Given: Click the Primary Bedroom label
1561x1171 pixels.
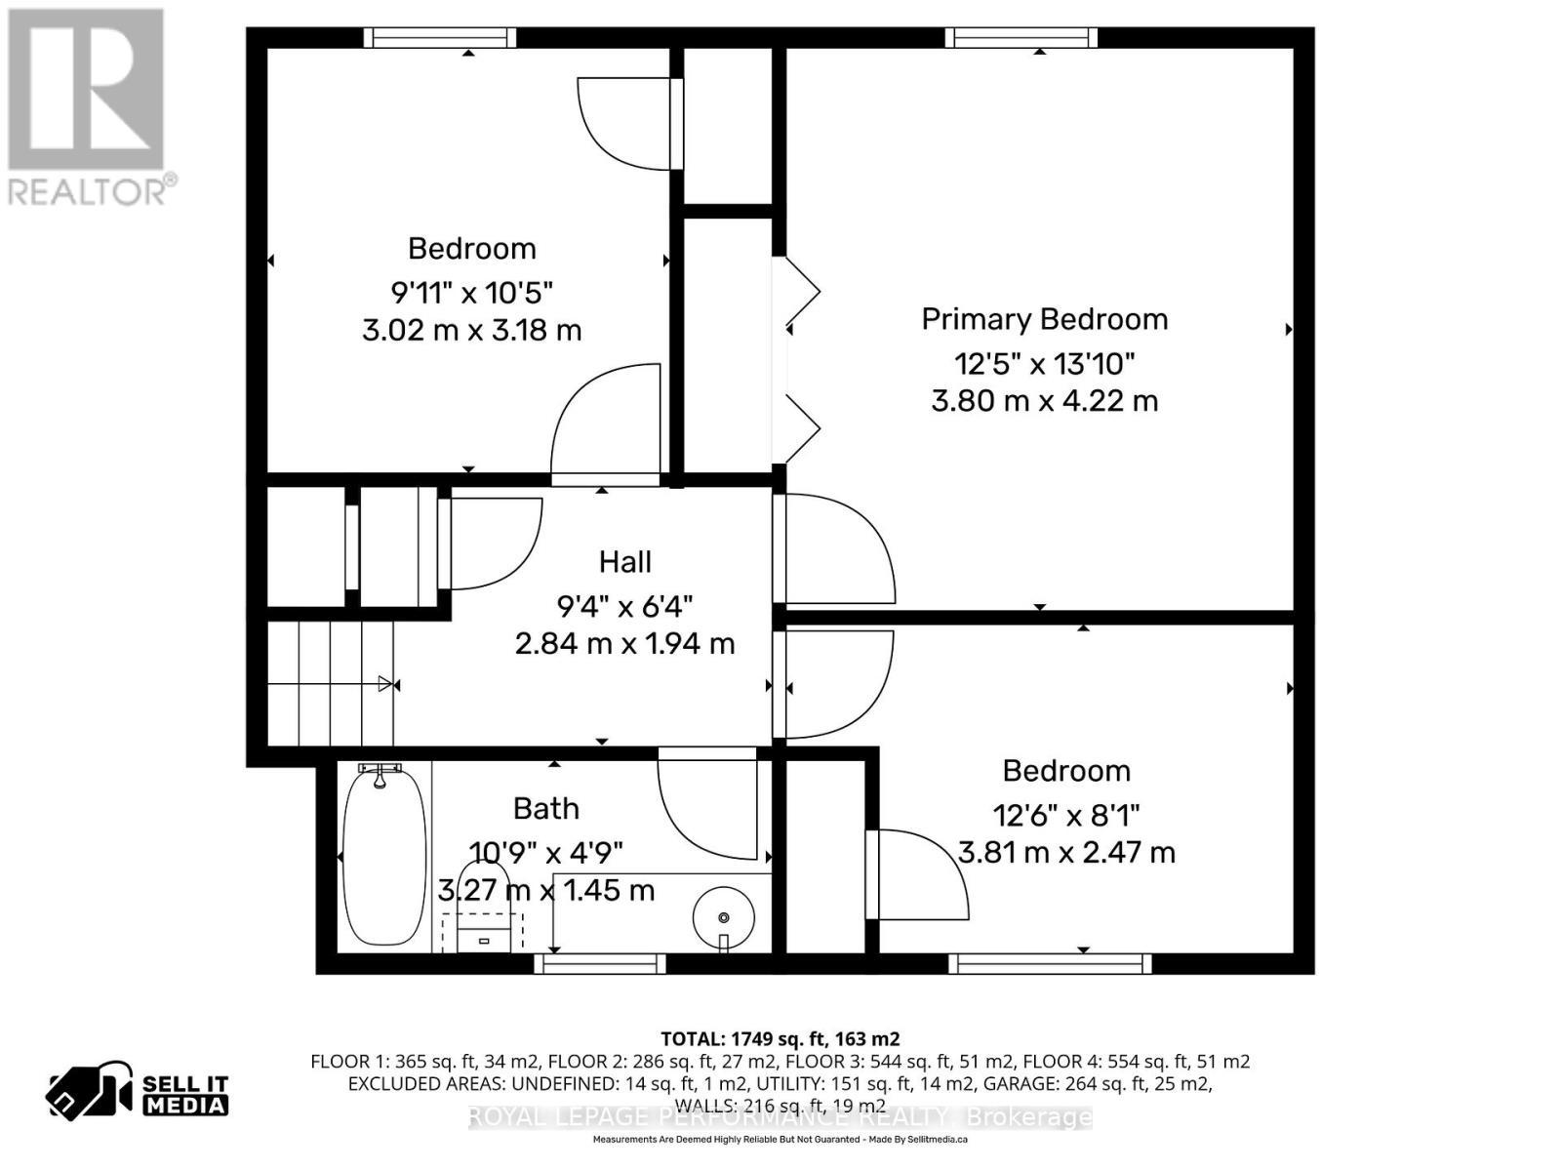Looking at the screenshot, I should tap(1044, 319).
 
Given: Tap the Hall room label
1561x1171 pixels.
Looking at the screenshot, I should tap(624, 562).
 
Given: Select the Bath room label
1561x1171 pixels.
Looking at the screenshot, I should tap(546, 809).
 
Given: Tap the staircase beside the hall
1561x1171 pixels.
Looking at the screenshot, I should tap(330, 683).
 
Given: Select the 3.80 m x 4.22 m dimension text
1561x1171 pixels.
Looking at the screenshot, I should tap(1044, 401).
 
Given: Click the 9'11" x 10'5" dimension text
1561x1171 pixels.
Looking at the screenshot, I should tap(471, 292).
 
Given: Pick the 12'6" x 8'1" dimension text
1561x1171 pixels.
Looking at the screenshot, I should tap(1065, 814).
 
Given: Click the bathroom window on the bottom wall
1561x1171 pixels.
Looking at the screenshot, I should tap(600, 964).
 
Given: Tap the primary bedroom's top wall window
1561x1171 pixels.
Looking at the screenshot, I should tap(1021, 38).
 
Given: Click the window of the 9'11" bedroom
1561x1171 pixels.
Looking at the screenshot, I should tap(440, 38).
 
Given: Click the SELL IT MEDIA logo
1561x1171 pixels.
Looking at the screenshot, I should tap(138, 1094).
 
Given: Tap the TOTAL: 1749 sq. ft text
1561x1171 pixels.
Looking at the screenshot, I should tap(780, 1038).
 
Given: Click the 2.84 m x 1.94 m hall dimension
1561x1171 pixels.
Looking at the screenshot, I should tap(624, 644).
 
